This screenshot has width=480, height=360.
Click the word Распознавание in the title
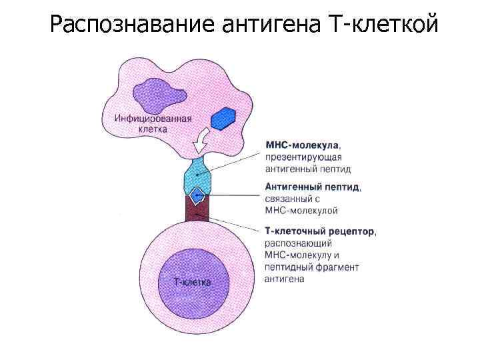coord(133,24)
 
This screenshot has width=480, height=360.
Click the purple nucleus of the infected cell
coord(159,95)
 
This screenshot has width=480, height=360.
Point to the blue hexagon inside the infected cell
coord(223,119)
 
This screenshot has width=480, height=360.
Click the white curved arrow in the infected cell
coord(201,141)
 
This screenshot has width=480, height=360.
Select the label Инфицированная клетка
coord(153,123)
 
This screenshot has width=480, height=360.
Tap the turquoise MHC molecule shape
coord(197,176)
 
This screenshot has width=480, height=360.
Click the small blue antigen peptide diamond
coord(197,195)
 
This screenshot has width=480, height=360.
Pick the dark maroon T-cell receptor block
coord(197,209)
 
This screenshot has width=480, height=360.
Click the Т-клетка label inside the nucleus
coord(192,282)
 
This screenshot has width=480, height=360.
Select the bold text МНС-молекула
coord(302,145)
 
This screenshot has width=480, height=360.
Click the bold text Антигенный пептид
coord(311,187)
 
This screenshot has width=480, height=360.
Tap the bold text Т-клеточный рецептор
coord(319,231)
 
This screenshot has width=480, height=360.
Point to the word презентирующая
coord(303,157)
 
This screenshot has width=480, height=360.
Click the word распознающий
coord(298,244)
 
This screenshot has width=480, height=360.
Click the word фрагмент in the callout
coord(337,267)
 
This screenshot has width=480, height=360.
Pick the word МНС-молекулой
coord(301,211)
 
